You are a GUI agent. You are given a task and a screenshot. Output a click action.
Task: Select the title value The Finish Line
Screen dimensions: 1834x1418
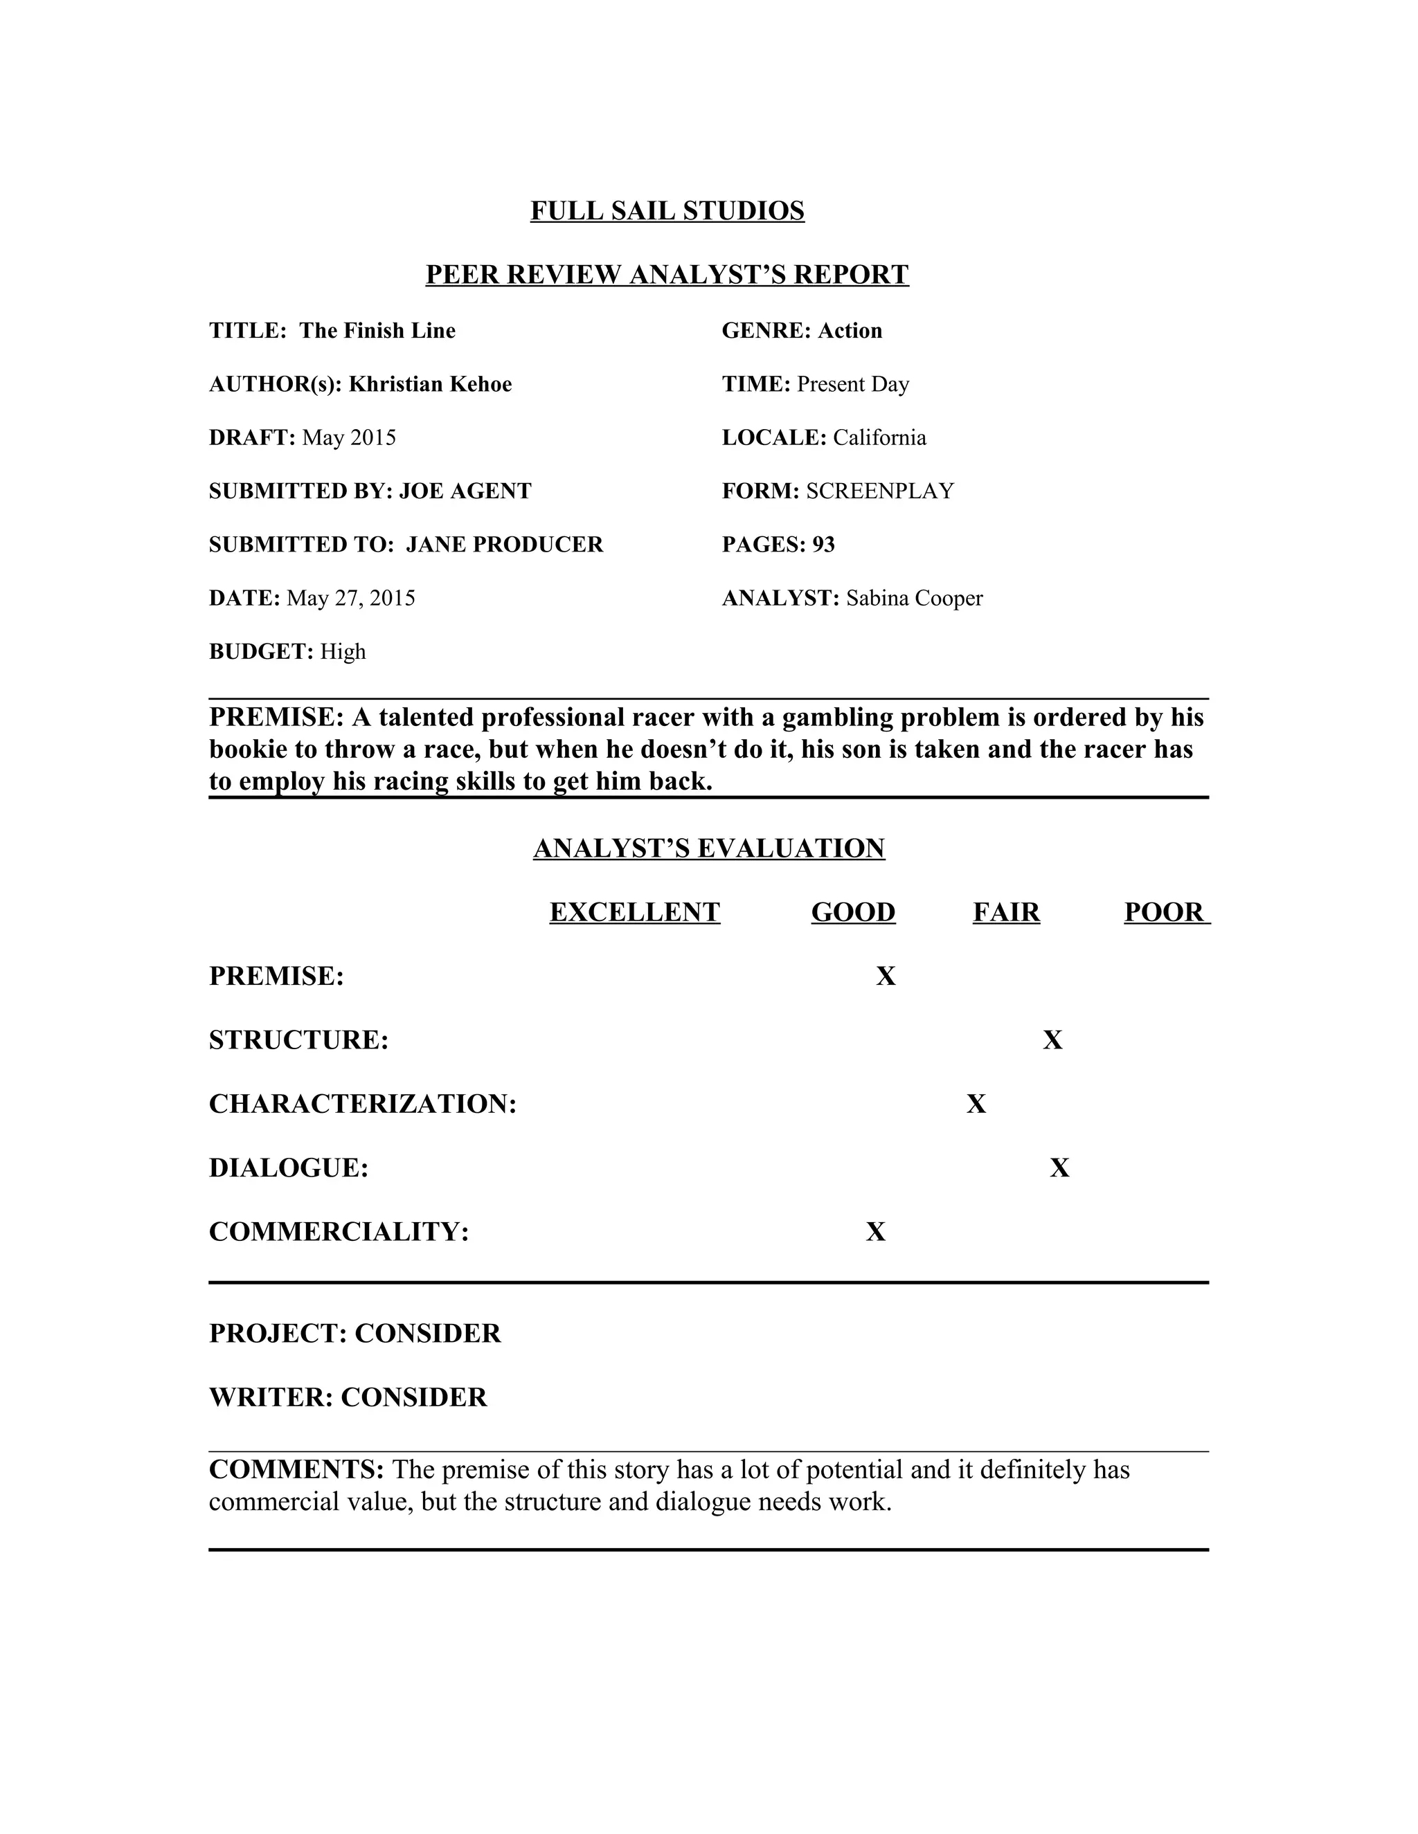pos(377,330)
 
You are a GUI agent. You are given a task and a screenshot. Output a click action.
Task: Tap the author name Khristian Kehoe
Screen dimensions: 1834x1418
pos(430,384)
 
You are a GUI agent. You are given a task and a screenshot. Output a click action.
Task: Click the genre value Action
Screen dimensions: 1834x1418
pos(850,330)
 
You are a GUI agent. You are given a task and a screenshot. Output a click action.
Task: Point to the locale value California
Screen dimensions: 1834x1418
pos(879,437)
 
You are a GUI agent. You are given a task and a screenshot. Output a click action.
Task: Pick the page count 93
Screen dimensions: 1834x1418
pos(823,544)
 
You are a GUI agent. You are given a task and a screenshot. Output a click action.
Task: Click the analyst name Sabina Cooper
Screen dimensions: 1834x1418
pos(914,598)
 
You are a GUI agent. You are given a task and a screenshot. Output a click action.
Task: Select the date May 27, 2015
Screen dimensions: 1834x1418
pos(351,598)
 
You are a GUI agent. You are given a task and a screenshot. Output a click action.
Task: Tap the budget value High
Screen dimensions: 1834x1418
pos(343,652)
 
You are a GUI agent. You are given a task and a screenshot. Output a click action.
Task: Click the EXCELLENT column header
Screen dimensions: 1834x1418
pos(635,912)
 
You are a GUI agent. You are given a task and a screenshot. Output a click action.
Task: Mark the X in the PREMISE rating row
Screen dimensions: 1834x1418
pos(886,976)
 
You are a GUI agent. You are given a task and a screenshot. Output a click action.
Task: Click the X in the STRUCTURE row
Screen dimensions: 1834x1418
pos(1052,1040)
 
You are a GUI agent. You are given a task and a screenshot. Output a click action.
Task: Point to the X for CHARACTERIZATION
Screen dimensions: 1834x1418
pos(976,1105)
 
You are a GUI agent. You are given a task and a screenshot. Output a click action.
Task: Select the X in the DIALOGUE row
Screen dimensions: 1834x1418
pos(1059,1168)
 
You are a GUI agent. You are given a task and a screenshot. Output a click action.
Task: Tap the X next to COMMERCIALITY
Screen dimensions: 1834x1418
pos(876,1232)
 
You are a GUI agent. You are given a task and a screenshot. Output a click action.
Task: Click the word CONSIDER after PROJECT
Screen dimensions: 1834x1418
pos(428,1334)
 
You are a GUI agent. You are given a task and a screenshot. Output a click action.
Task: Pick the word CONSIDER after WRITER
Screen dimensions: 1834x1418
pos(414,1397)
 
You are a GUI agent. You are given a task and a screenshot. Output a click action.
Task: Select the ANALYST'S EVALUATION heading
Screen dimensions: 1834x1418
pos(709,848)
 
